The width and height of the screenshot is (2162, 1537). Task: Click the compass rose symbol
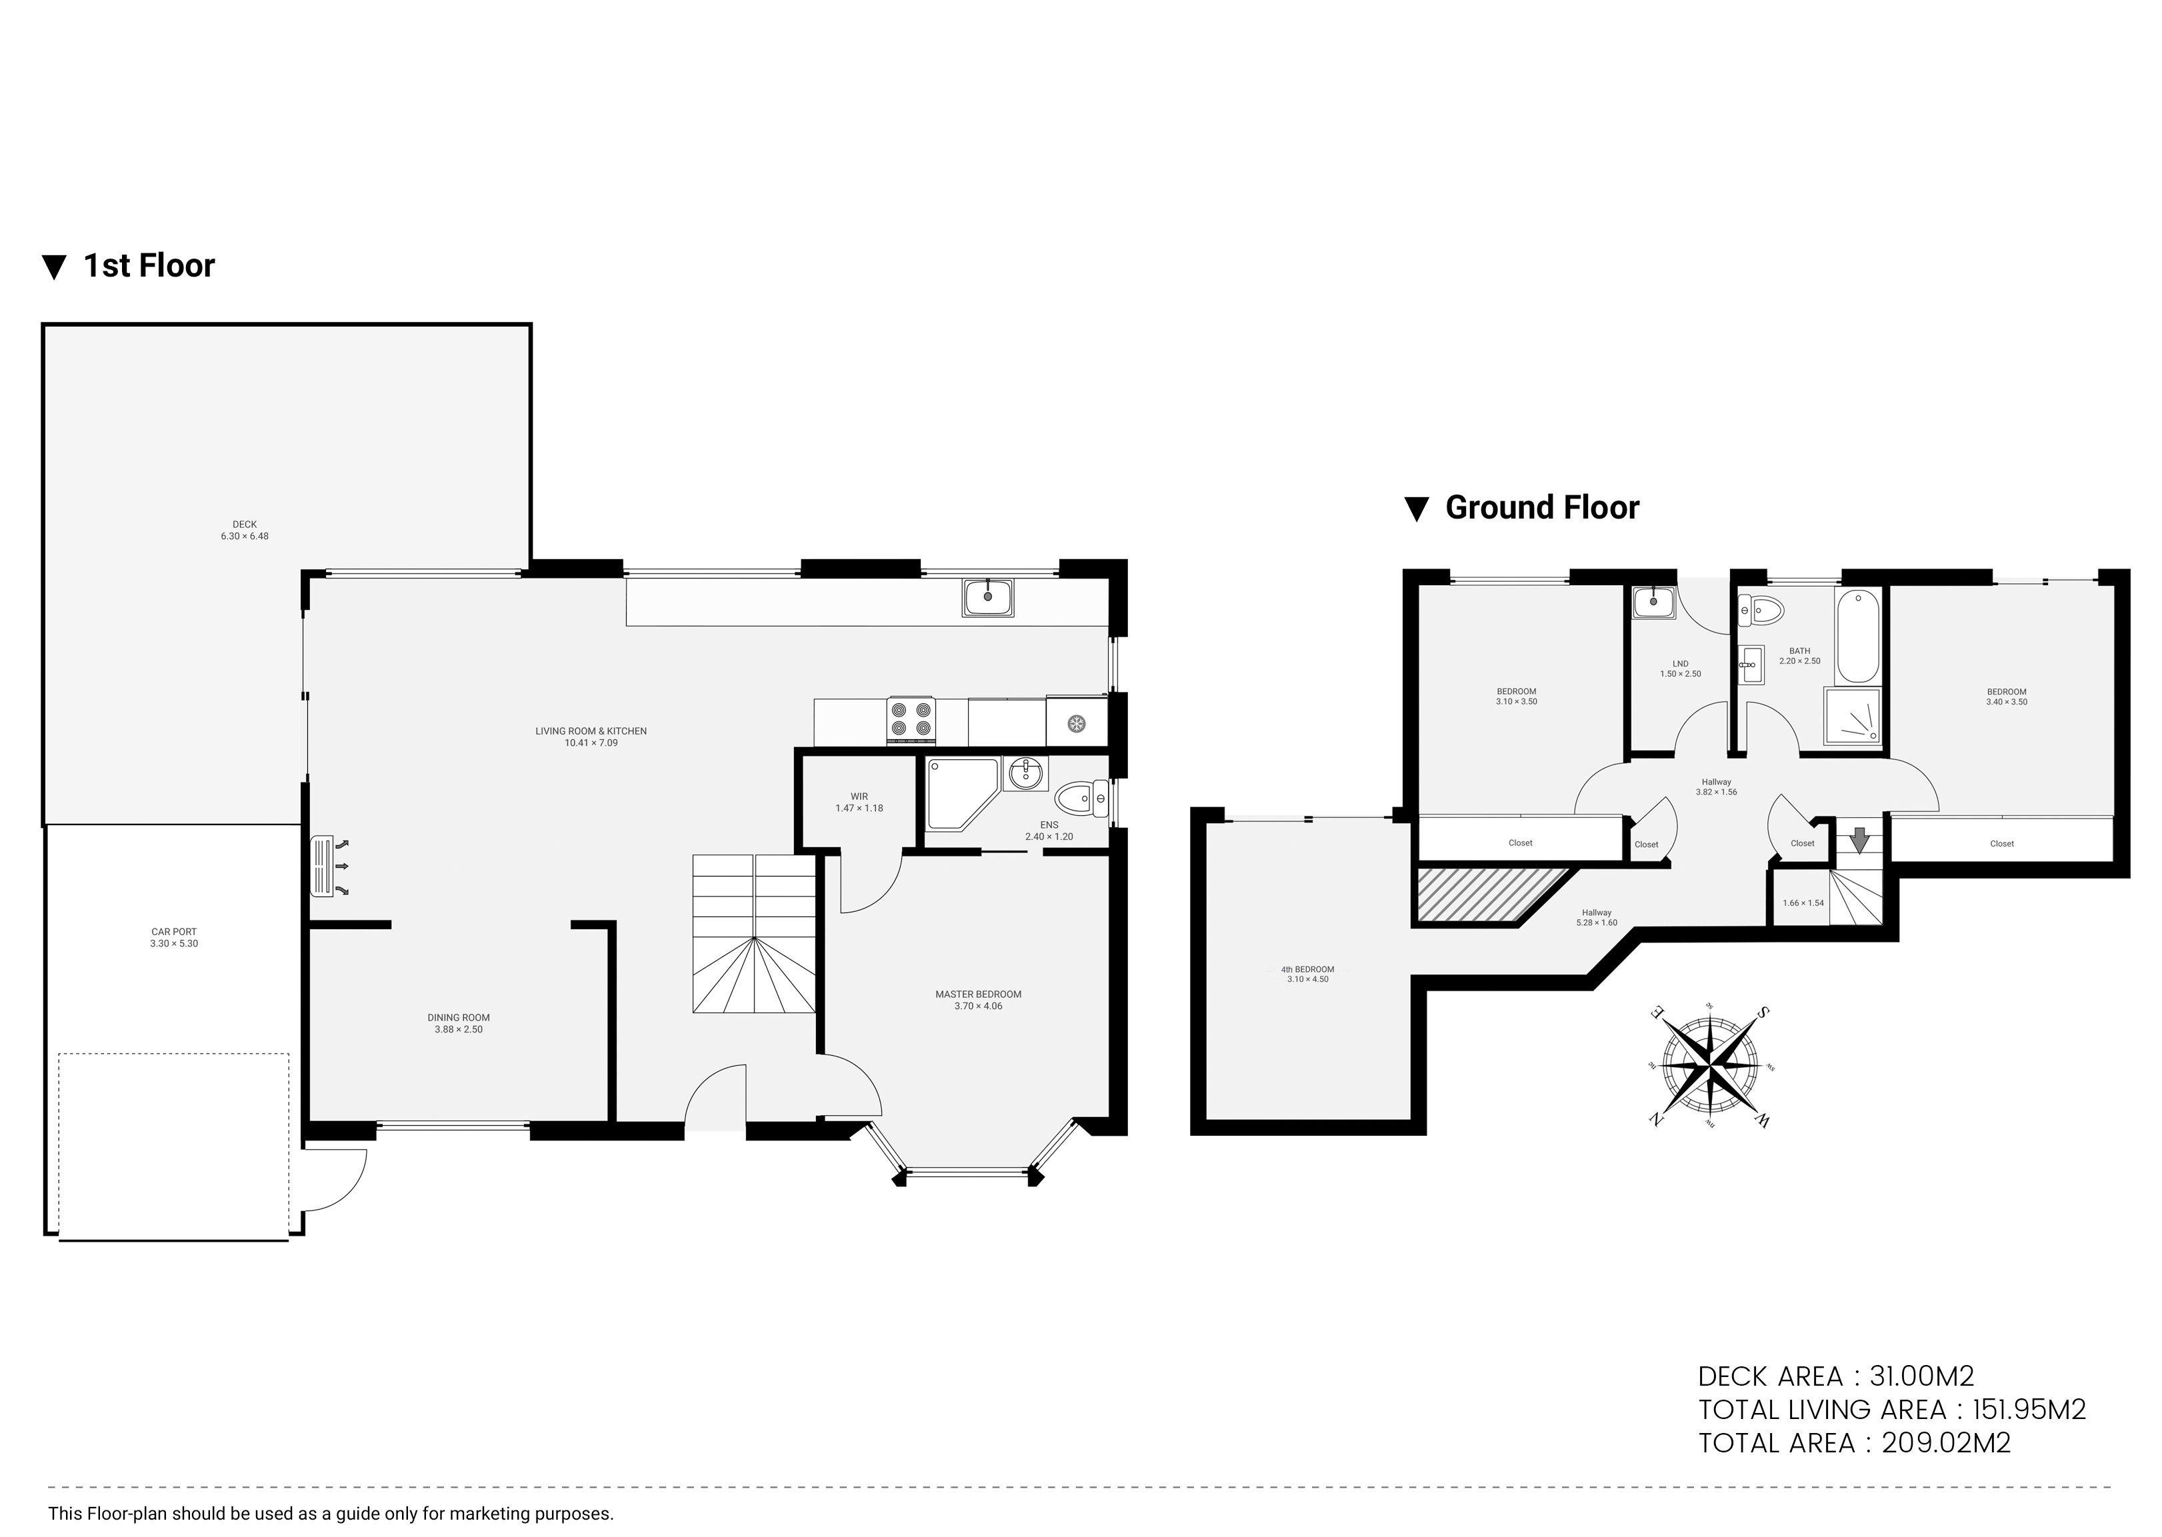point(1709,1066)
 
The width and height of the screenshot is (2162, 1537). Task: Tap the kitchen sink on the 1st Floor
point(988,598)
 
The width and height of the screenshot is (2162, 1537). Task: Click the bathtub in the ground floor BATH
point(1858,636)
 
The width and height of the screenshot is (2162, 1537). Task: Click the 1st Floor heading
point(130,266)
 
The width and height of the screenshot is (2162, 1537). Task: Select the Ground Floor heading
point(1522,509)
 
